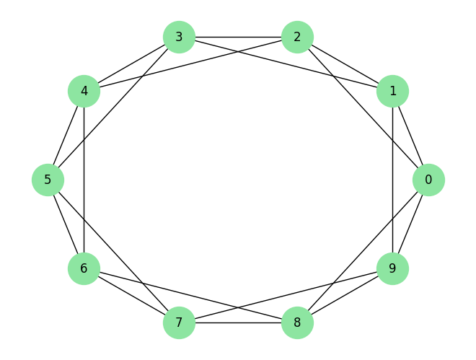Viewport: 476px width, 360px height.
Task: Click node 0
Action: (428, 180)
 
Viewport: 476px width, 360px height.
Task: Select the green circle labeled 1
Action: (392, 91)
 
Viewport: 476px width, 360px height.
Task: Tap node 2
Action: (297, 37)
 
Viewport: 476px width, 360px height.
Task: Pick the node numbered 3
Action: (179, 37)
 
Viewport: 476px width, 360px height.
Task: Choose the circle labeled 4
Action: (84, 91)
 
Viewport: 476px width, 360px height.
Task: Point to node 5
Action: (48, 180)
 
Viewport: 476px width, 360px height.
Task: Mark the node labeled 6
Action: (84, 268)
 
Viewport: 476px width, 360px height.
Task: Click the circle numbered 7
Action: (179, 322)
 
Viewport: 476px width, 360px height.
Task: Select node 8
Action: (297, 322)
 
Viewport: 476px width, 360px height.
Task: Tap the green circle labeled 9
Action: (392, 268)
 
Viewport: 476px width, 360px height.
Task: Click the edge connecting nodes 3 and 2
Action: (238, 37)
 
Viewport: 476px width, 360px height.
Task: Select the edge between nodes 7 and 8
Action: (238, 322)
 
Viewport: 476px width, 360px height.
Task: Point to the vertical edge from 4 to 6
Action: (84, 180)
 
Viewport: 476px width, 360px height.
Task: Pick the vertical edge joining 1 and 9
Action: (392, 180)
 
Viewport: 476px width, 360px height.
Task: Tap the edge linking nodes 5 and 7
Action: (113, 251)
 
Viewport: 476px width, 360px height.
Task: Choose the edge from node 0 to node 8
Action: (363, 251)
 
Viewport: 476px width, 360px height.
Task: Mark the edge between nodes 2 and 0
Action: (363, 108)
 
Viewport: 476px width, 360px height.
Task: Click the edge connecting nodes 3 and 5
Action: (113, 108)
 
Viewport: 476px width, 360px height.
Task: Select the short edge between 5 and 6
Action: (66, 224)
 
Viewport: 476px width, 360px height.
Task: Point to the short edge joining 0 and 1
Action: (410, 136)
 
